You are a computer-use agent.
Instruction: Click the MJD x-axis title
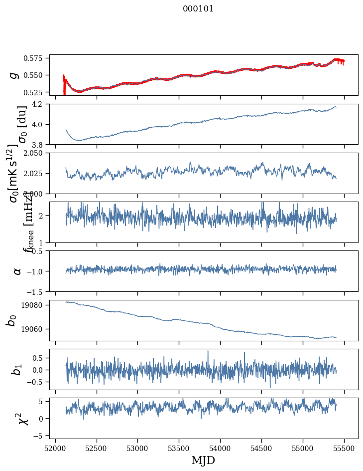click(203, 460)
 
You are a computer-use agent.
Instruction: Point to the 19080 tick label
click(36, 305)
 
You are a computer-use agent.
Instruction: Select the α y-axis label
click(17, 271)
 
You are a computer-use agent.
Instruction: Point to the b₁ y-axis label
click(17, 370)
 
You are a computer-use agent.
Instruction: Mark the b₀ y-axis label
click(11, 320)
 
